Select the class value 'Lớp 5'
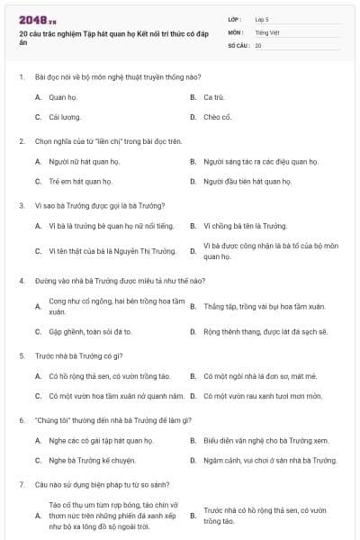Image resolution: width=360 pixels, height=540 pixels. pos(263,19)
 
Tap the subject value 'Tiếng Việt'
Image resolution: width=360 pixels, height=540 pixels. pos(266,31)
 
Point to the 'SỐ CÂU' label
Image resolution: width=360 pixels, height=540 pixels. pos(238,44)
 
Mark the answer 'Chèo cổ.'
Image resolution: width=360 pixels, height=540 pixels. pos(217,117)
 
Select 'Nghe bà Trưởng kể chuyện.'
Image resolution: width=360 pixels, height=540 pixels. pos(88,461)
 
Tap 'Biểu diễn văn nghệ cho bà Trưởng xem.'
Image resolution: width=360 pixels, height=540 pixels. pos(265,440)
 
